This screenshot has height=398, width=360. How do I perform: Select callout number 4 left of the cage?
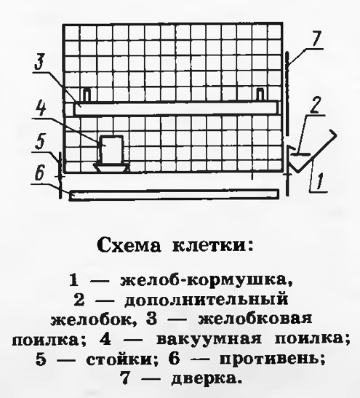coord(41,108)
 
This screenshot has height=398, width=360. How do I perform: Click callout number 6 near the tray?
coord(40,173)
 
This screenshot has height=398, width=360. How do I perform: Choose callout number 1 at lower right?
coord(320,181)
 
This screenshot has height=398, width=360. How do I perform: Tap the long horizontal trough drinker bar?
coord(176,108)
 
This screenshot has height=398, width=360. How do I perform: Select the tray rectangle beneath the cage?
coord(174,195)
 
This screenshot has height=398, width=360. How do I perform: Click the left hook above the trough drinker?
coord(87,95)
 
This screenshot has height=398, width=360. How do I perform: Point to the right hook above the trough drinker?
coord(260,95)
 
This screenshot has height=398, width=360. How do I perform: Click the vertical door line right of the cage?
coord(287,93)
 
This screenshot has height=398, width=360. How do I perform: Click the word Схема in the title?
coord(129,245)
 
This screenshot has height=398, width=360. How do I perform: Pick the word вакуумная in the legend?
coord(209,339)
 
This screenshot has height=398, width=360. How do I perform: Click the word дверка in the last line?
coord(205,378)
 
